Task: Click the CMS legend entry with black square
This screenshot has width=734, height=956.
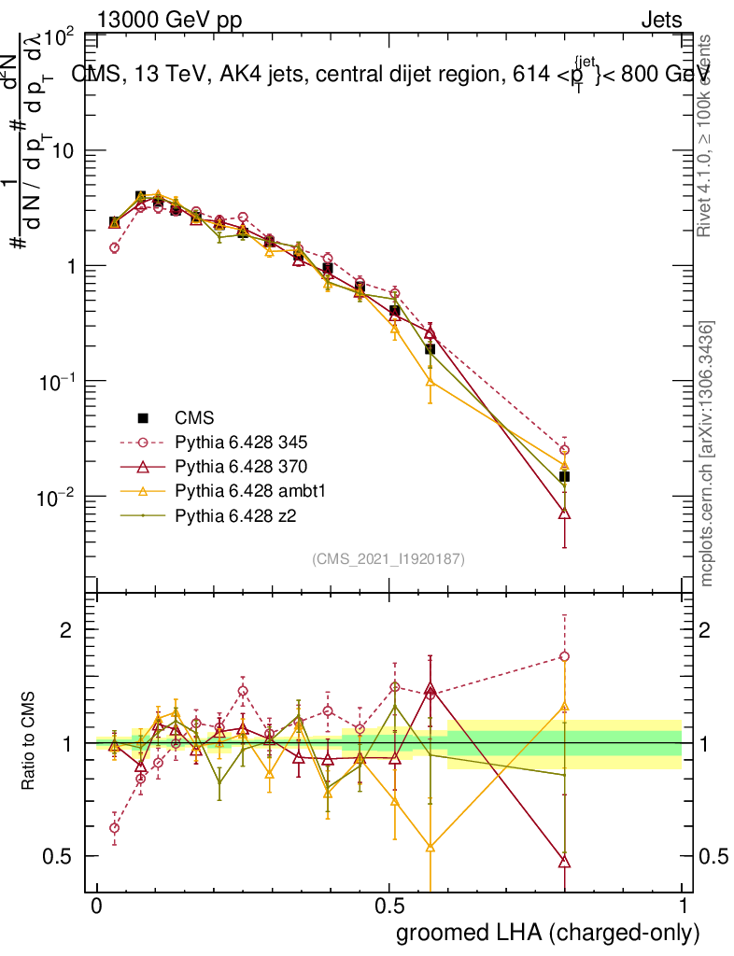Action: (x=196, y=418)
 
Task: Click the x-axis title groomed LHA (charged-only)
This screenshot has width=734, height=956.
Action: (x=548, y=934)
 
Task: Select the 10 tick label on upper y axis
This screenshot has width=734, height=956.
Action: (x=62, y=150)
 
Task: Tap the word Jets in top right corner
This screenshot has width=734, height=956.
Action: (x=661, y=20)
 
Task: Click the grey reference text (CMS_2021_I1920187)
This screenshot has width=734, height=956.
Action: (x=388, y=559)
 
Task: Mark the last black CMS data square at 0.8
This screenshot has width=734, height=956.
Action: (x=564, y=477)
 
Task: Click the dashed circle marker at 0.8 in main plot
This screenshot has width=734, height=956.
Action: (x=564, y=450)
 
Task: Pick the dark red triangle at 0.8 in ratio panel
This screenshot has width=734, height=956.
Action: (x=564, y=861)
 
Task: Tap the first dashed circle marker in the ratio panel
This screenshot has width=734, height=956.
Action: (x=115, y=827)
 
